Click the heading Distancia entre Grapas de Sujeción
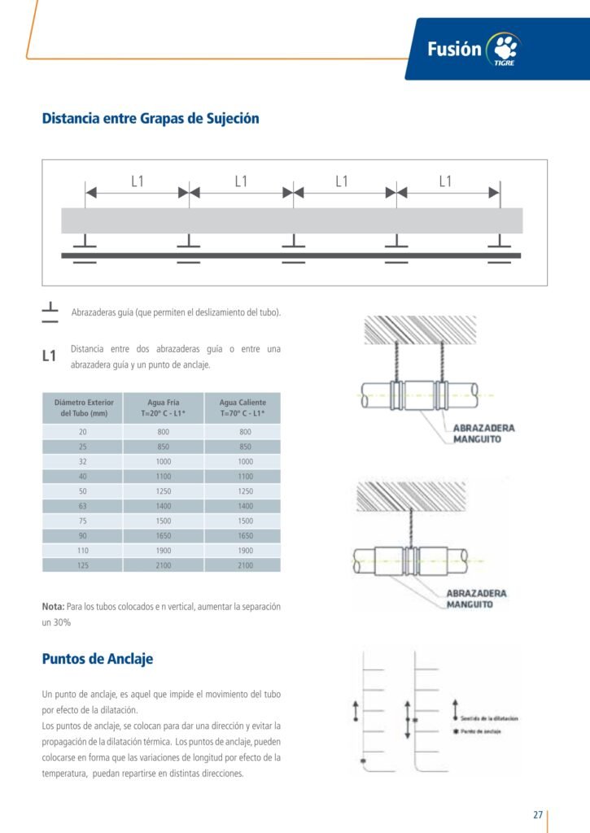151,119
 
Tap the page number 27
538,814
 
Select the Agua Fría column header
163,408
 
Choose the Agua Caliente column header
243,408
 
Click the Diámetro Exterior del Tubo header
83,408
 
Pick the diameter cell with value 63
83,506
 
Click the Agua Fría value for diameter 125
163,565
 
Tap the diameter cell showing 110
83,550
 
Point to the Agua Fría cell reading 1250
163,491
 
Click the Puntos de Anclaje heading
98,659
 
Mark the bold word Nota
53,607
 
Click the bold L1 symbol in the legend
49,356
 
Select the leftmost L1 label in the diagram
137,181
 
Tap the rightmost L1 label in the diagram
445,181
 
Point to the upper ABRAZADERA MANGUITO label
483,434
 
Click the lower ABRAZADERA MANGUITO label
476,599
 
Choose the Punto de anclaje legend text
480,732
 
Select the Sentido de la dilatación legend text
489,718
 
